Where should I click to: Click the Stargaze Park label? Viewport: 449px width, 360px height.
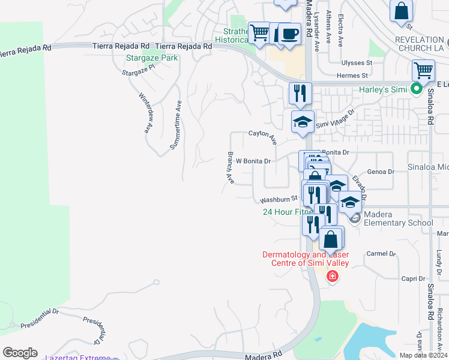tap(152, 58)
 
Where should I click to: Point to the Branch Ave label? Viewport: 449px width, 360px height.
tap(231, 167)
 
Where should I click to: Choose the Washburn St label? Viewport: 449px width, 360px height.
tap(279, 200)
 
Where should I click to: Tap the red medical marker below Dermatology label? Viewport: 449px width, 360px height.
tap(331, 276)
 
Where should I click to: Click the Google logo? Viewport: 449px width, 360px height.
tap(20, 353)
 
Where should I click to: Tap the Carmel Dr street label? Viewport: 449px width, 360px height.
tap(381, 254)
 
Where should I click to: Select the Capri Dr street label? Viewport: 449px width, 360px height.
tap(413, 278)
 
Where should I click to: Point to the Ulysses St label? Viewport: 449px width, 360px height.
tap(357, 62)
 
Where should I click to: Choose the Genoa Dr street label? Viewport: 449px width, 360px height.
tap(382, 172)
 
